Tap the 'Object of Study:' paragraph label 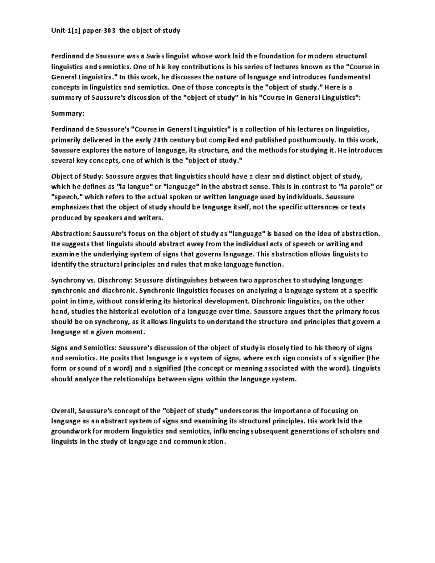coord(78,177)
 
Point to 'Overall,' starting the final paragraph coord(63,411)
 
